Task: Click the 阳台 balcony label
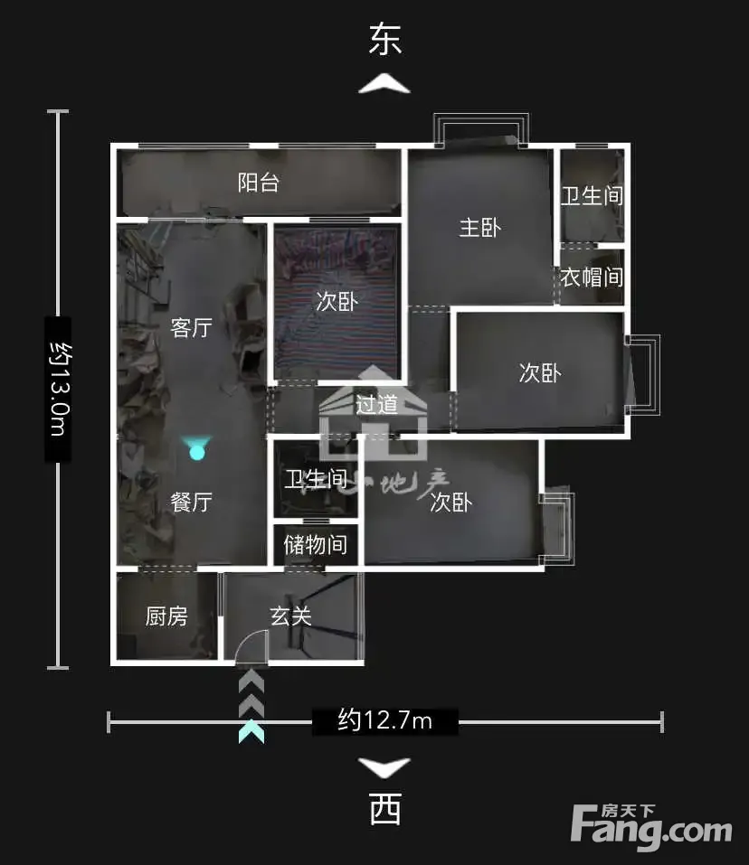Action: (x=259, y=183)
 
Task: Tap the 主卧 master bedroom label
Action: (x=479, y=228)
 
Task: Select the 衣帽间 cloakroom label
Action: (x=592, y=277)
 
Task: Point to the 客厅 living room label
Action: (x=191, y=327)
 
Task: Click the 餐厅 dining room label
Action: (x=191, y=503)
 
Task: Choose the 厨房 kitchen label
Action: (x=166, y=616)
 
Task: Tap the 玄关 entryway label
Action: (x=291, y=616)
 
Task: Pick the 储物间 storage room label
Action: (x=315, y=544)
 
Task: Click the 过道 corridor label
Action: (x=377, y=404)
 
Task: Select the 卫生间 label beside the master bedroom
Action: (x=592, y=195)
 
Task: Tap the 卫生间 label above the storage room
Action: (x=315, y=479)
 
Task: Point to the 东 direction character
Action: (x=384, y=39)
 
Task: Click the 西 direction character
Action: (x=384, y=809)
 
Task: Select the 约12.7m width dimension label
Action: (x=385, y=720)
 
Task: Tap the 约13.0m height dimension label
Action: (x=58, y=389)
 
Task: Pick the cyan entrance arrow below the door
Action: (x=251, y=731)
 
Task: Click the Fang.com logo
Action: (x=652, y=826)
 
